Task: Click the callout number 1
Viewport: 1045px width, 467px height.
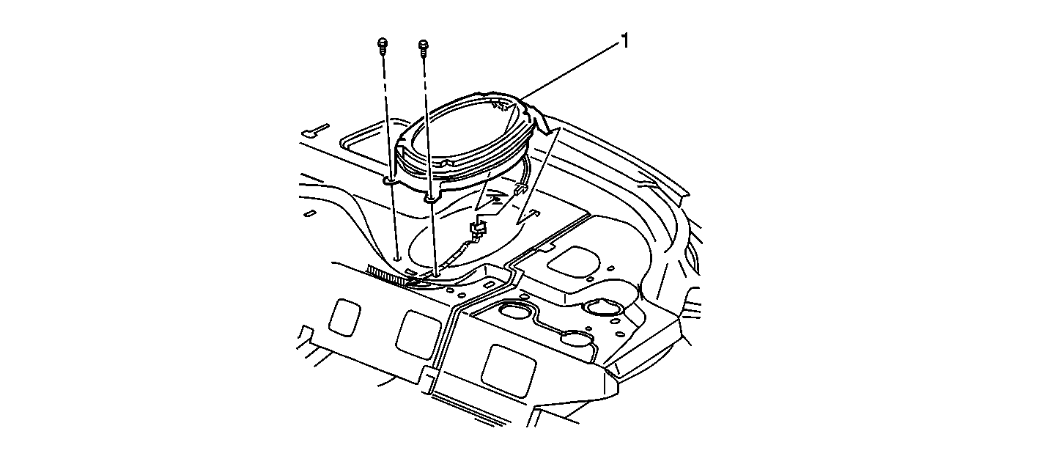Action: [624, 42]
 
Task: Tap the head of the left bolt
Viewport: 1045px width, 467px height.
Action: [382, 43]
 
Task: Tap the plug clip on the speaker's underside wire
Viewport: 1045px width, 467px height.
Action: [520, 188]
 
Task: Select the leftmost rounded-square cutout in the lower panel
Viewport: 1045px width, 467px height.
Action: [344, 317]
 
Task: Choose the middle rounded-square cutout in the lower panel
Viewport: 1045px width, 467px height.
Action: [418, 335]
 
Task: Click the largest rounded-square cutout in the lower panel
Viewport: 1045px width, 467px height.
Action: [509, 371]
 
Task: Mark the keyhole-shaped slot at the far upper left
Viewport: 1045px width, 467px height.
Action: [318, 130]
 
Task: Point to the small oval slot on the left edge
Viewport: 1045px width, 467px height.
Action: [309, 213]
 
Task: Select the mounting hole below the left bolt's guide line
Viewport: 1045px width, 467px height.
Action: [397, 257]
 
